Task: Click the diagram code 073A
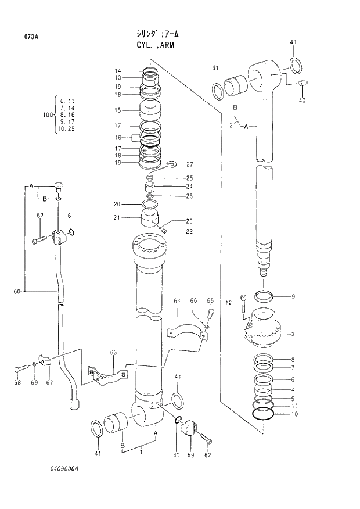[31, 37]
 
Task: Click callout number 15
[117, 110]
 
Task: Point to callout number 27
[189, 164]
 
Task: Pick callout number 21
[117, 217]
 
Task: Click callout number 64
[177, 300]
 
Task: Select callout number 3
[293, 334]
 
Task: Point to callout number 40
[302, 101]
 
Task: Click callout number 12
[228, 302]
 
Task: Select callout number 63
[113, 353]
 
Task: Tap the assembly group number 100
[48, 115]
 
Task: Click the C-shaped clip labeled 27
[172, 164]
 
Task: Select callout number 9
[293, 297]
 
